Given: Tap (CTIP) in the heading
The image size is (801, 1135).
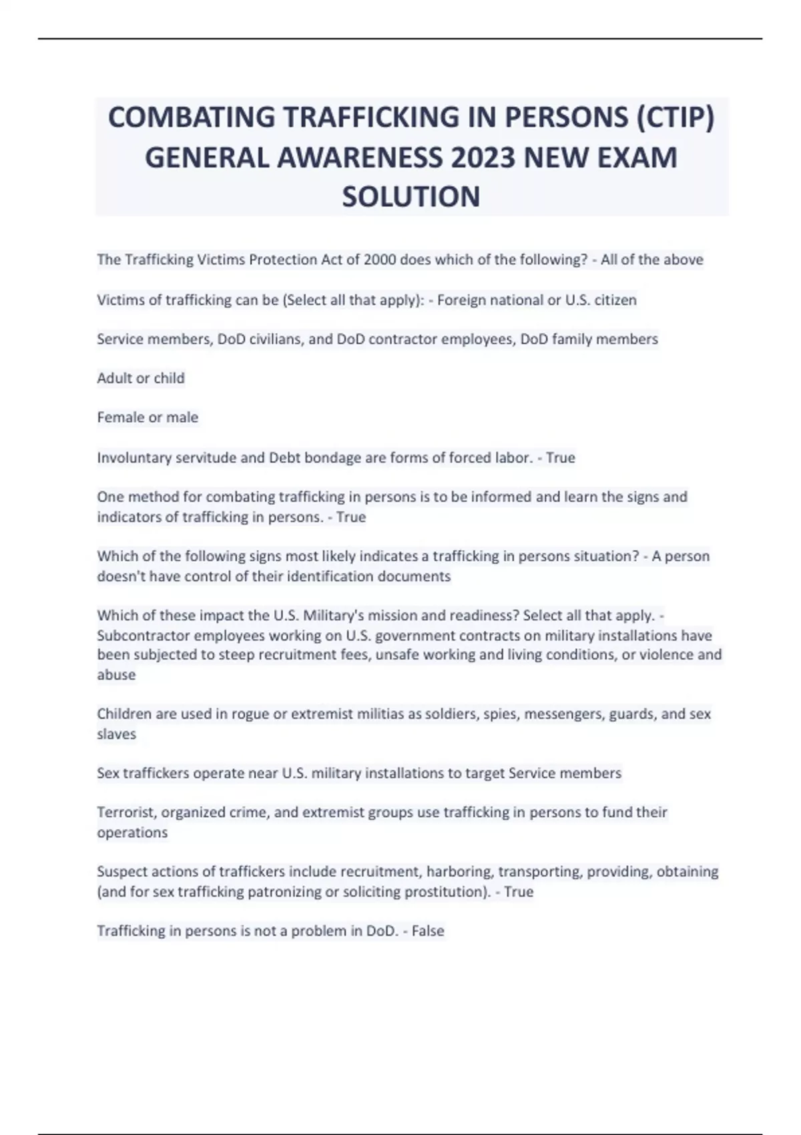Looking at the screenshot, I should pos(676,118).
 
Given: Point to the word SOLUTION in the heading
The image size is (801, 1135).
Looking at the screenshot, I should pos(411,197).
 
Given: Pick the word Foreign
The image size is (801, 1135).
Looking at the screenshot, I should pos(461,300).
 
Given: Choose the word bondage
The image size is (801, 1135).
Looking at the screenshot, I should pos(332,457).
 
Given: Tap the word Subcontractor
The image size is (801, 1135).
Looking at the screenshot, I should pos(144,635).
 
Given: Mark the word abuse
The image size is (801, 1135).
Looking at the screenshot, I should pos(116,674).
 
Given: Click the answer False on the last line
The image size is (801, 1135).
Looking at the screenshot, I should pos(428,931).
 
